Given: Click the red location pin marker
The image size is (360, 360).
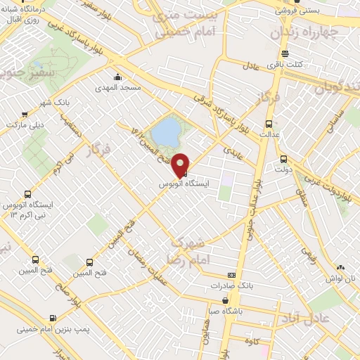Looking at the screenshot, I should tap(181, 162).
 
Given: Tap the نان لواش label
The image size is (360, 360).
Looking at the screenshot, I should tap(342, 277).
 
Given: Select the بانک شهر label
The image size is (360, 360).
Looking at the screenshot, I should tap(56, 104).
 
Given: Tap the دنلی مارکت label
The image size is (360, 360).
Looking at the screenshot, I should tap(25, 124).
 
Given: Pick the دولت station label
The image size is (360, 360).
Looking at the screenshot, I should tap(283, 169).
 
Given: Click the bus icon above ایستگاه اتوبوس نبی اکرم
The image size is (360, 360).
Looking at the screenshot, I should tap(27, 194).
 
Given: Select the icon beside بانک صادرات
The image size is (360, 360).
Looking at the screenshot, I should tap(231, 275).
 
